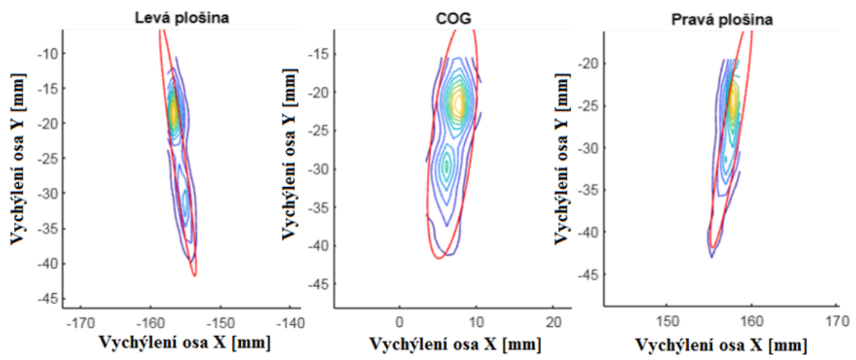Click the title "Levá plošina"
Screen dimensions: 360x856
coord(182,18)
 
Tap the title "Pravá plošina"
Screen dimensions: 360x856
coord(722,20)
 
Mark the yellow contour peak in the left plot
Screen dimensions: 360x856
coord(174,111)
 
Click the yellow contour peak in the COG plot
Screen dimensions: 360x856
coord(460,104)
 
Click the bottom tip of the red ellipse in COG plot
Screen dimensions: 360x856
coord(438,258)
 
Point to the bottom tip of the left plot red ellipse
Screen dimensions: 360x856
coord(194,276)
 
